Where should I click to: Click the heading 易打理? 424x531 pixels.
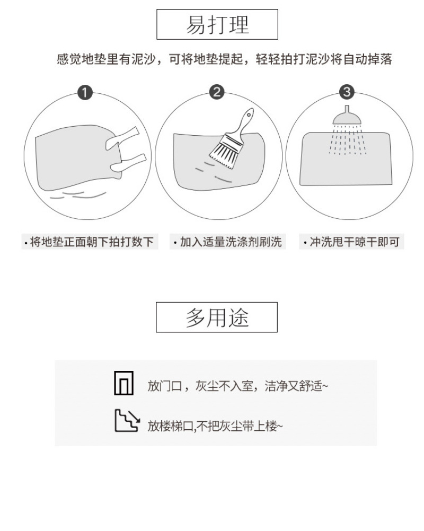click(217, 25)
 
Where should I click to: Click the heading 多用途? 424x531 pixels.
click(217, 317)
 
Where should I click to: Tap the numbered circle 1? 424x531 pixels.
click(85, 92)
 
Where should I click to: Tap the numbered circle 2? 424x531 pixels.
click(217, 92)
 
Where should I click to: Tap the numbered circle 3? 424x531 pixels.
click(347, 92)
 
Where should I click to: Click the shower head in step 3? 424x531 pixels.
click(347, 116)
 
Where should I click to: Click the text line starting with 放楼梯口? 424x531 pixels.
click(215, 426)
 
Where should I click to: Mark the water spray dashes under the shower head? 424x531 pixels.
click(348, 139)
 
